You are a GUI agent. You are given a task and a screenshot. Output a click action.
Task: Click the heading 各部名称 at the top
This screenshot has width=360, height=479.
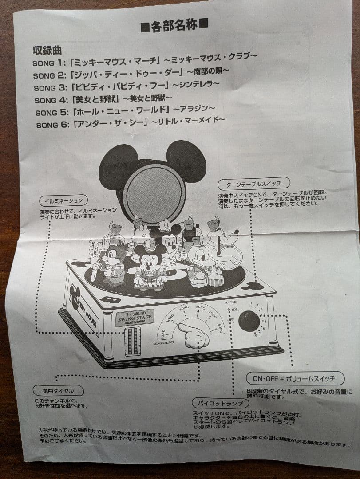pos(174,27)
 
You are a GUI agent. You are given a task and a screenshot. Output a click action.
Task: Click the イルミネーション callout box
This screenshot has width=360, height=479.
pos(63,200)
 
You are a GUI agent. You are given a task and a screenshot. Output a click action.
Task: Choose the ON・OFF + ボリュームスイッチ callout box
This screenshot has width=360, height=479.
pos(295,378)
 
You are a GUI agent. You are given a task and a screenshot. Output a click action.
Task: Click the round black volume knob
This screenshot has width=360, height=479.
pos(249,320)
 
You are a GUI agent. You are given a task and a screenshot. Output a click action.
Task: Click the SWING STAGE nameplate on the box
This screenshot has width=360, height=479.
pos(135,317)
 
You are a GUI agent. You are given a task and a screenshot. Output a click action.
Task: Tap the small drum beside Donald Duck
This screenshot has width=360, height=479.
pos(215,279)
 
